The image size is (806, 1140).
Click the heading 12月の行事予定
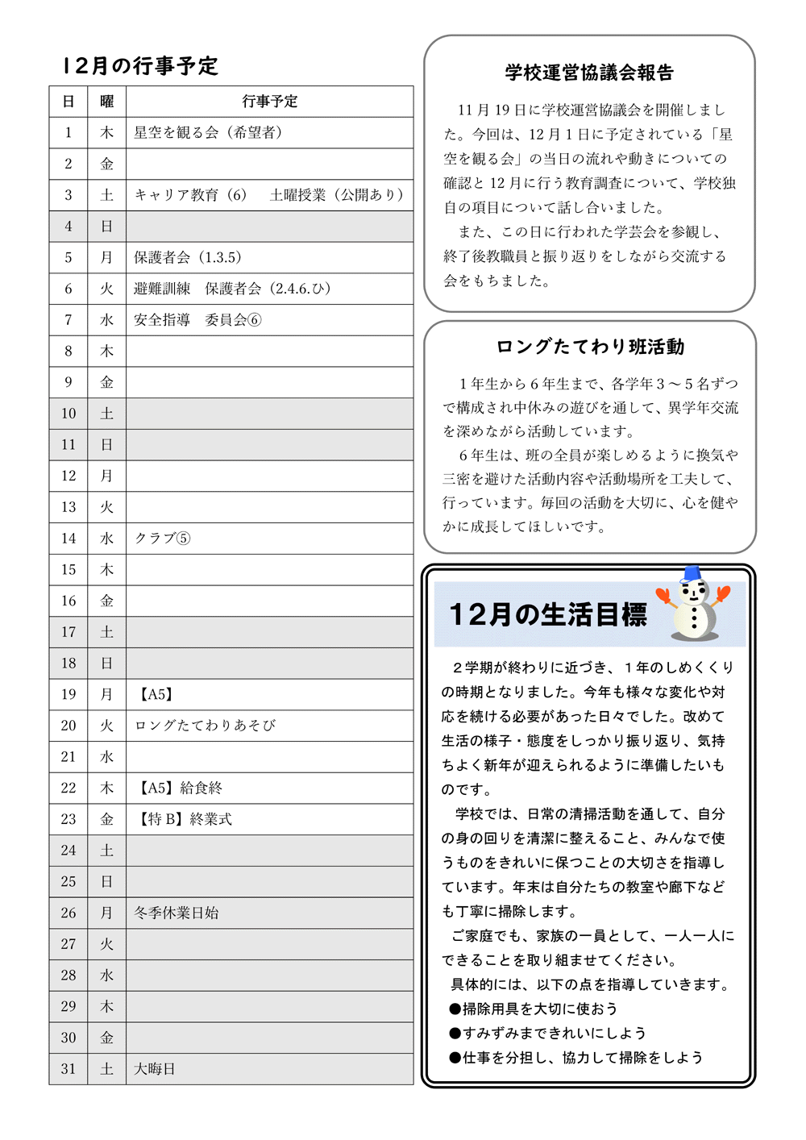[140, 66]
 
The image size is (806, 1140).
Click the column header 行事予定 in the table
[269, 102]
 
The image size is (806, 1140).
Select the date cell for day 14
[69, 539]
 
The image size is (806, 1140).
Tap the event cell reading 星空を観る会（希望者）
[208, 132]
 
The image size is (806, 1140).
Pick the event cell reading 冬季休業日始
[176, 913]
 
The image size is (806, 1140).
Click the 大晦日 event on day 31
[154, 1069]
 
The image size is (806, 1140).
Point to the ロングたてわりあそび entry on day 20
[205, 726]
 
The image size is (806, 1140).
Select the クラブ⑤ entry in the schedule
[162, 539]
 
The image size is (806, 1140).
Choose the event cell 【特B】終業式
[185, 819]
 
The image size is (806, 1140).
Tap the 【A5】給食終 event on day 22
[180, 788]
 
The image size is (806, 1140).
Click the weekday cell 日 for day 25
[106, 882]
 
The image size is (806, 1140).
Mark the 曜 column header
[106, 102]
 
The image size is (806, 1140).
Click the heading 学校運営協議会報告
[589, 73]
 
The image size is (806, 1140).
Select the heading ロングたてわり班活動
[590, 347]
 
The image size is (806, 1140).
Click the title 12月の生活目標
[547, 614]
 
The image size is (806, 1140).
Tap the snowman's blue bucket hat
[691, 574]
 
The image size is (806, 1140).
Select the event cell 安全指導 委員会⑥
[197, 320]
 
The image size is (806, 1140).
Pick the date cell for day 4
[69, 227]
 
